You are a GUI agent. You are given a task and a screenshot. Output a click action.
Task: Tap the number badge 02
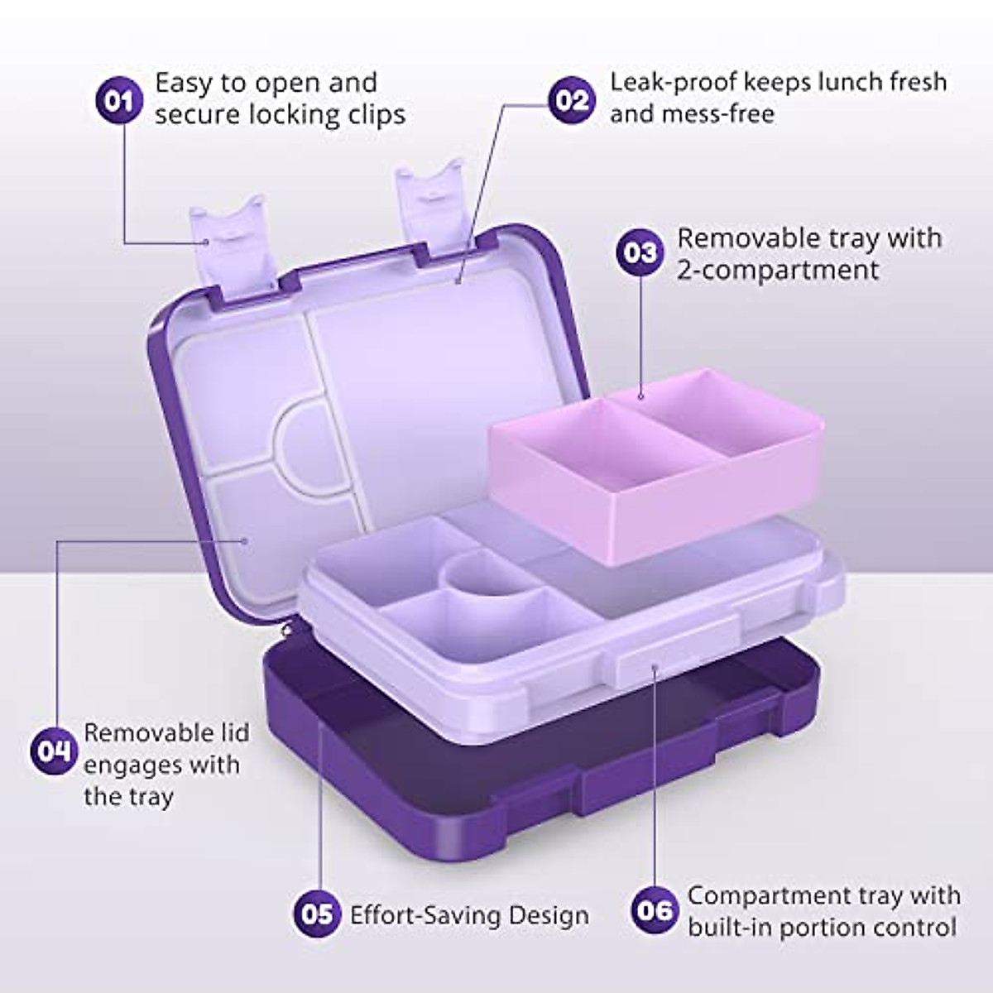(572, 100)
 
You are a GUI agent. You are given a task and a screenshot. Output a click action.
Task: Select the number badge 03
(640, 252)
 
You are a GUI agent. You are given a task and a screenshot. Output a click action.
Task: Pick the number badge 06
(655, 910)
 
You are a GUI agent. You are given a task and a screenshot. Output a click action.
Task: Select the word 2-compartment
(778, 271)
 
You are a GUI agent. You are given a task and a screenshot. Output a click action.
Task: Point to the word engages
(133, 765)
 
